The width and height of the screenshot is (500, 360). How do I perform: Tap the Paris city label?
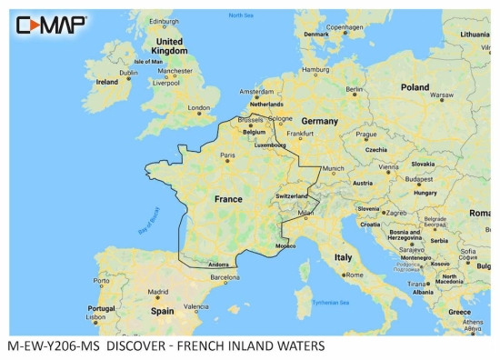tap(229, 155)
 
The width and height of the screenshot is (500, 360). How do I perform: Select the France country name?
tap(227, 198)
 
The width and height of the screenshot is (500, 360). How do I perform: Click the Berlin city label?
tap(355, 89)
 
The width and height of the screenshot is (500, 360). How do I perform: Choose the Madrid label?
tap(156, 292)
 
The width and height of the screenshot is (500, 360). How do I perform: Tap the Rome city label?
tap(354, 275)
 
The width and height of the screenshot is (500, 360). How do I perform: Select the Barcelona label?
tap(225, 276)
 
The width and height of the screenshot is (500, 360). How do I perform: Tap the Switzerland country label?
tap(293, 196)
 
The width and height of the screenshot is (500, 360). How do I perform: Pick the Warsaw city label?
tap(441, 95)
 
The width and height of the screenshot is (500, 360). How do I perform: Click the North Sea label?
tap(241, 16)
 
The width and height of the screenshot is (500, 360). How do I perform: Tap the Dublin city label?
tap(128, 73)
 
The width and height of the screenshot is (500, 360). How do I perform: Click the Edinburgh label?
tap(164, 21)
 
